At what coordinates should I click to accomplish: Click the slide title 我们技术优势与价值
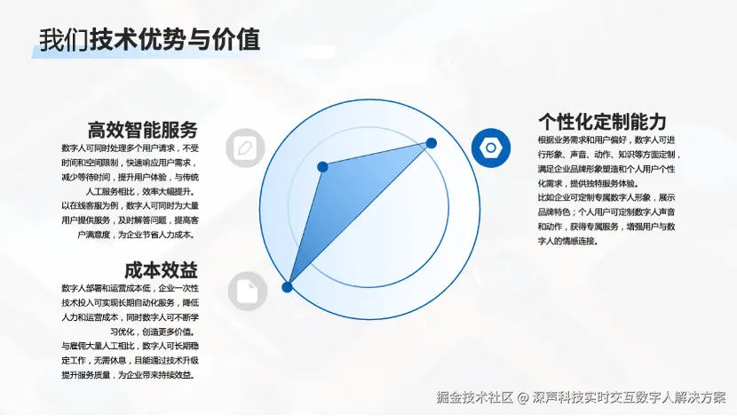point(149,39)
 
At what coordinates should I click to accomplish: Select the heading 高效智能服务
point(142,130)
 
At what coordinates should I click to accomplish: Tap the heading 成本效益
point(161,270)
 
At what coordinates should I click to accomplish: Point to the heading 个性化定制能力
point(602,122)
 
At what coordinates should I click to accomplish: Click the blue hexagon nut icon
point(491,148)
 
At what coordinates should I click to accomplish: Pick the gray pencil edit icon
point(245,148)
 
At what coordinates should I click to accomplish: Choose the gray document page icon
point(247,292)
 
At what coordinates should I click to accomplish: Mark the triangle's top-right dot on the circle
point(431,143)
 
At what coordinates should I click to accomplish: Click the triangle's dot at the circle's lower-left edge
point(287,287)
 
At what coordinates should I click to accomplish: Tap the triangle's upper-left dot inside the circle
point(322,167)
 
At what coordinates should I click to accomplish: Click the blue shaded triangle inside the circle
point(343,197)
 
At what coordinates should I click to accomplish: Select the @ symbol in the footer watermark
point(523,398)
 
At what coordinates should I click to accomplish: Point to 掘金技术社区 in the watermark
point(475,397)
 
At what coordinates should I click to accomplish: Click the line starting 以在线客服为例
point(131,205)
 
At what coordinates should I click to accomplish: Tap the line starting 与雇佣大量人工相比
point(131,346)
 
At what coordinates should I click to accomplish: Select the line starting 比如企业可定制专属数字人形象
point(606,197)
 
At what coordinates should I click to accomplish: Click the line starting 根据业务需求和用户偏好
point(606,140)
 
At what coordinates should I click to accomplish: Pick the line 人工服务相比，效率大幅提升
point(140,191)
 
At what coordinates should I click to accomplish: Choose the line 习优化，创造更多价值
point(153,332)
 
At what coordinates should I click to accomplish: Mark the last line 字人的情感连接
point(567,241)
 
